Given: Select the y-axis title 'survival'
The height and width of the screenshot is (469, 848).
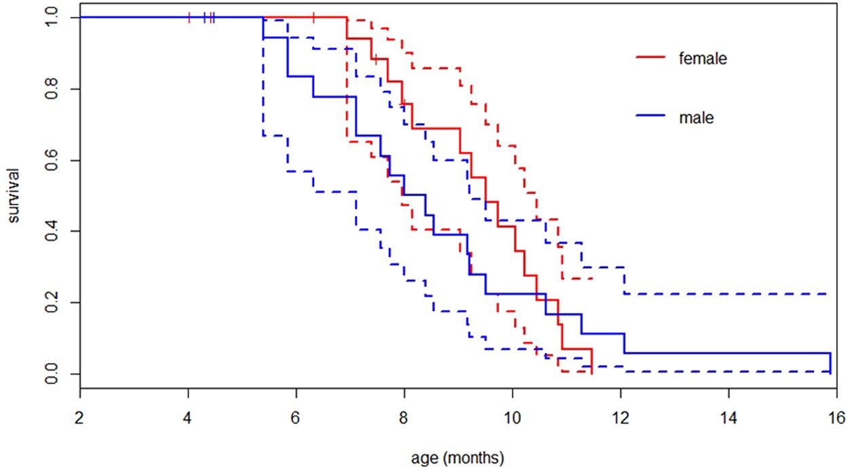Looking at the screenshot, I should click(x=14, y=196).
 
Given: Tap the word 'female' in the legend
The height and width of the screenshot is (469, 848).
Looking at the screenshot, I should click(x=703, y=59).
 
